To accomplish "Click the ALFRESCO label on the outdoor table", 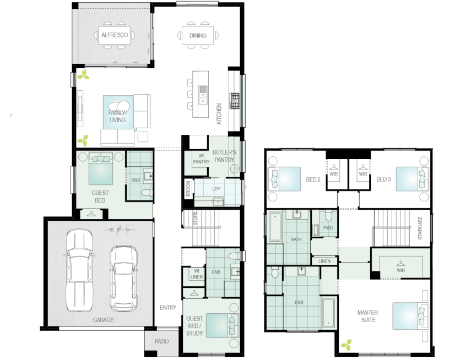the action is coord(115,35).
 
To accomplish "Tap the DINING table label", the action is coord(198,36).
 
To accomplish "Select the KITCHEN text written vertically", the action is coord(219,114).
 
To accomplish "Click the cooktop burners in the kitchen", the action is coord(235,101).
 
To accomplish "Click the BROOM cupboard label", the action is coord(188,188).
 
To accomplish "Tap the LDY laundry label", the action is coord(216,189).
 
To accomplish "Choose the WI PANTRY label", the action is coord(201,159).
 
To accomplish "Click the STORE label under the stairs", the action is coord(195,219).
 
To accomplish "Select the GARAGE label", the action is coord(103,320).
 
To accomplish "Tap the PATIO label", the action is coord(161,341).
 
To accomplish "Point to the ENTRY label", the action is coord(168,308).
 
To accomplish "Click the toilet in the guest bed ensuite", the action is coord(147,193).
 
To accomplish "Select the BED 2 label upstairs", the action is coord(313,179).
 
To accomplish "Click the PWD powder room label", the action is coord(328,228).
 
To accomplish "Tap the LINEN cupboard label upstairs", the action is coord(324,261).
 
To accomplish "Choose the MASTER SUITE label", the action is coord(368,316).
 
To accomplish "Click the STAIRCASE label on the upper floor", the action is coord(420,228).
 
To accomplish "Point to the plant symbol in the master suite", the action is coord(346,345).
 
